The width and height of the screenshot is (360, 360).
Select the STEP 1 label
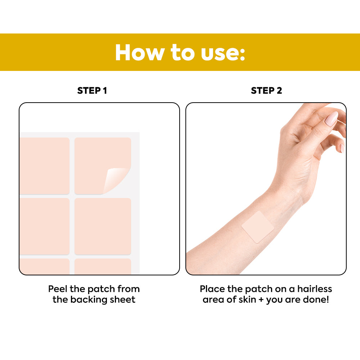pyautogui.click(x=92, y=91)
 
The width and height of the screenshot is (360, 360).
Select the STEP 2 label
pyautogui.click(x=266, y=91)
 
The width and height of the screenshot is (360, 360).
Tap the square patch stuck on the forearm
pyautogui.click(x=258, y=227)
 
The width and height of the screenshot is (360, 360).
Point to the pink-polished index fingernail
pyautogui.click(x=332, y=119)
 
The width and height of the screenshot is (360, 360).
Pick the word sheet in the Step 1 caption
pyautogui.click(x=123, y=300)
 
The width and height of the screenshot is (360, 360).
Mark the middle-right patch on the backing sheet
pyautogui.click(x=103, y=226)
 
